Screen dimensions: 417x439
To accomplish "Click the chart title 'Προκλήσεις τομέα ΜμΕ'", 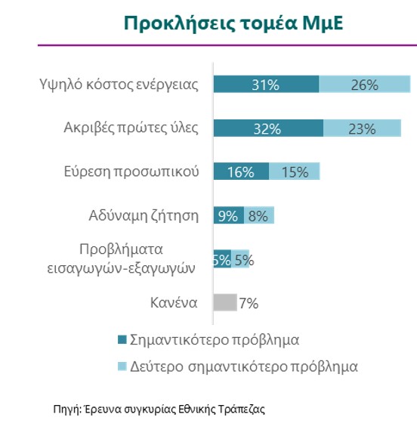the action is point(233,23).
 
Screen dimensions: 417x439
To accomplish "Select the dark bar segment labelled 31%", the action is point(266,84).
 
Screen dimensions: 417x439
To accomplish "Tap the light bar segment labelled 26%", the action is point(365,84).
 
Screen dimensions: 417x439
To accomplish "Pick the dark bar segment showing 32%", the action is point(268,128).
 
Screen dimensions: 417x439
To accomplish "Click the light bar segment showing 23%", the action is point(362,128).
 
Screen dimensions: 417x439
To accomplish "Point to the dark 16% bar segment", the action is point(241,172).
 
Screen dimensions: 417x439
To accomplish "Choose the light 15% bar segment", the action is point(295,172).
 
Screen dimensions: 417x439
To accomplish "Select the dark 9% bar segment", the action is point(229,215).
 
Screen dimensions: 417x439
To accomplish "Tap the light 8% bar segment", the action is point(259,215).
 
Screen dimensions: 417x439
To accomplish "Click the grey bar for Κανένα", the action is point(225,302).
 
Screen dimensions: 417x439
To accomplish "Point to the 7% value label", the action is point(249,303).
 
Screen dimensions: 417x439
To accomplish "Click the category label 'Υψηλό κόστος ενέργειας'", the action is point(119,85).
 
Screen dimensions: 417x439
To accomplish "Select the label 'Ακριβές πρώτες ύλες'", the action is point(131,128).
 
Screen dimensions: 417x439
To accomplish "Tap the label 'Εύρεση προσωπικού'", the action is point(131,172).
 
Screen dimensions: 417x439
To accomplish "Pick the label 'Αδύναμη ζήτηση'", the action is point(144,216).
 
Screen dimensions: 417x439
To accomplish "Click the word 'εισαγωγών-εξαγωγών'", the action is point(121,268).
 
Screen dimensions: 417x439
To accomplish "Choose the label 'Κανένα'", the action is point(174,303).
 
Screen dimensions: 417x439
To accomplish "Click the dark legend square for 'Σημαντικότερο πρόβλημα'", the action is point(122,339).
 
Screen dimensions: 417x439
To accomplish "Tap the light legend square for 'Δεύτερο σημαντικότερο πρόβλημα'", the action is point(122,366).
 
